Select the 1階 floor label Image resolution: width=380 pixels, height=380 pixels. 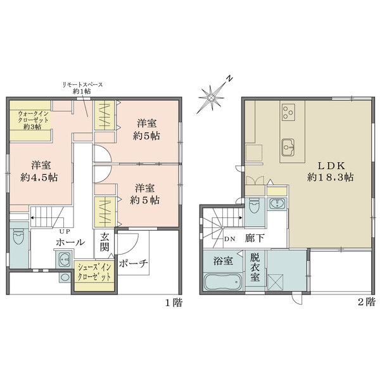point(174,303)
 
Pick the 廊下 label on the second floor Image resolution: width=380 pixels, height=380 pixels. point(253,239)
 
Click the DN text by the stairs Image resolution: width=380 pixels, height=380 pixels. point(230,239)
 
